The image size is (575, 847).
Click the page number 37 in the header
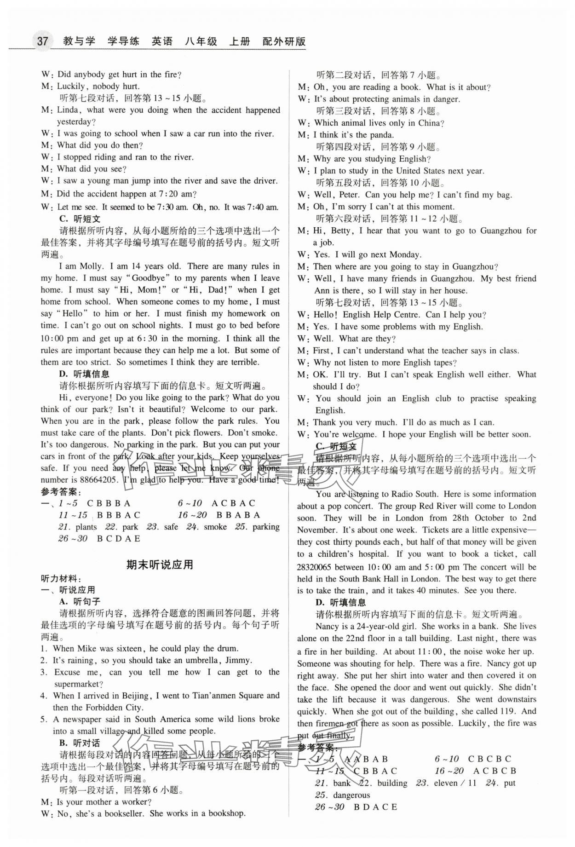point(42,41)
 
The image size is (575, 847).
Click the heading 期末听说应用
point(160,565)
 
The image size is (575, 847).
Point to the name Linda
point(68,110)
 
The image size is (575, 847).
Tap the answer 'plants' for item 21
point(86,527)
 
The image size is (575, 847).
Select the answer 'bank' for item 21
point(342,783)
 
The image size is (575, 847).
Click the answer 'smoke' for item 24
point(215,527)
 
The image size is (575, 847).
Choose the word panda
point(382,135)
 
